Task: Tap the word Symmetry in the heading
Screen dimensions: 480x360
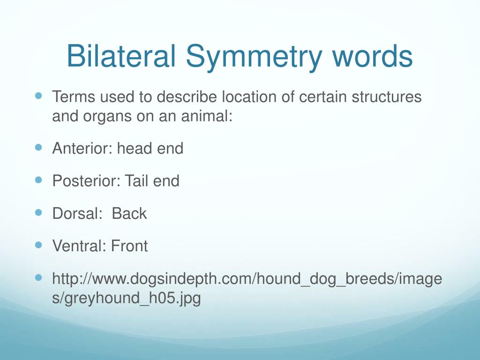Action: click(254, 58)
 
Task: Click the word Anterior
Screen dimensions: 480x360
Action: click(82, 149)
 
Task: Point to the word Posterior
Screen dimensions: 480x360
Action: click(85, 181)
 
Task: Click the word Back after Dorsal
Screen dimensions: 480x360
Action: click(129, 213)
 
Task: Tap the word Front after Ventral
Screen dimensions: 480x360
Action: click(129, 246)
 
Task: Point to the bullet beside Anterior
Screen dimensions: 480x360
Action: click(38, 148)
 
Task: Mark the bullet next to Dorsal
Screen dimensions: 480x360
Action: click(38, 212)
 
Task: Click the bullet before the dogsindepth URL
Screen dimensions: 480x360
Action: click(38, 277)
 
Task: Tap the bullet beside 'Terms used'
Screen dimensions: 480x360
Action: click(38, 96)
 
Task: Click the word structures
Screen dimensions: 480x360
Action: click(387, 97)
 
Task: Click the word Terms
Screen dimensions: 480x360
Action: click(74, 97)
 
